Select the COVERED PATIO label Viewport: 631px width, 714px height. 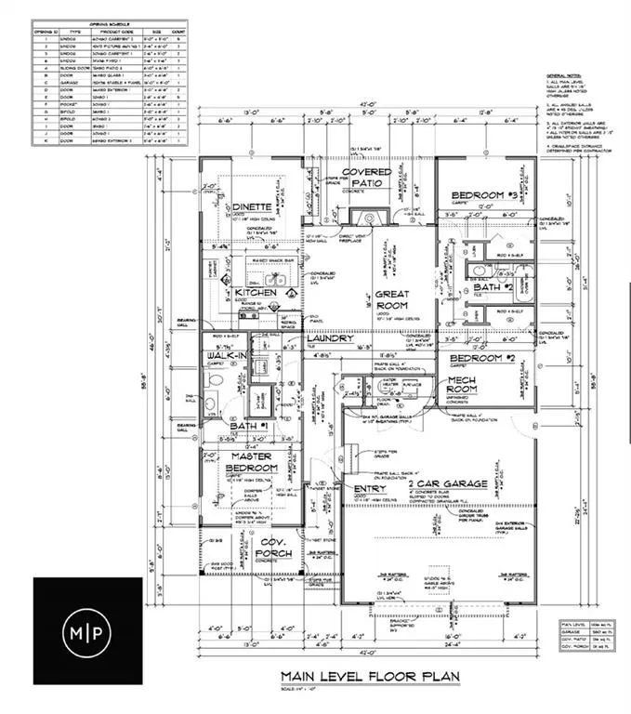(379, 179)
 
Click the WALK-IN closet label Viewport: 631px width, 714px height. (229, 354)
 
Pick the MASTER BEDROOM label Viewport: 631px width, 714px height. (252, 461)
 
